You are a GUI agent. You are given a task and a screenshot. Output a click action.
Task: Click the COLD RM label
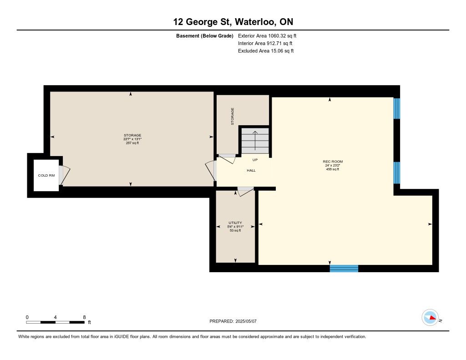pos(46,175)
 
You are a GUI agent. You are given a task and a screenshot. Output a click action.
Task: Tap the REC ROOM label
pos(333,162)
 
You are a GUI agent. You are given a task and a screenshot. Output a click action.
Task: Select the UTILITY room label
pos(235,223)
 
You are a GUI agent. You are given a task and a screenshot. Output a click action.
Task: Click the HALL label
pos(251,170)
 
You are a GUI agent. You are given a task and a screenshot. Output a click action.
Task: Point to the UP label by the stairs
pos(255,160)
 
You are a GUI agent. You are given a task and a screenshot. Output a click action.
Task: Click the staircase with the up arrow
pos(255,141)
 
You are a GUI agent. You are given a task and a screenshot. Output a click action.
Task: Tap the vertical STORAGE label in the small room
pos(233,116)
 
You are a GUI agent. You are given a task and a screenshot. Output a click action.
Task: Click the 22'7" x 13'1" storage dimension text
pos(132,139)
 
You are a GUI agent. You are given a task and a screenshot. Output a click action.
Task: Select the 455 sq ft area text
pos(333,169)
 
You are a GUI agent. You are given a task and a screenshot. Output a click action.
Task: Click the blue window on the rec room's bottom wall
pos(344,269)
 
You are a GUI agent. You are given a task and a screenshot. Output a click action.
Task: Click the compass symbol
pos(430,318)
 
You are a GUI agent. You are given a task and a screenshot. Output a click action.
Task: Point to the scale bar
pos(55,322)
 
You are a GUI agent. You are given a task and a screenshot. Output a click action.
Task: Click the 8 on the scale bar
pos(84,317)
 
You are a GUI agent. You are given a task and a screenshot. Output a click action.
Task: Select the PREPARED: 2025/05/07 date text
pos(233,321)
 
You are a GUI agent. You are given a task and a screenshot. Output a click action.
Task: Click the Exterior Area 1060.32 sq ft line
pos(267,36)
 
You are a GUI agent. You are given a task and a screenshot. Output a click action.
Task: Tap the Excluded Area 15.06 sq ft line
pos(266,51)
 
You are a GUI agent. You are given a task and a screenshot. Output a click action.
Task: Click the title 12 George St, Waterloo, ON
pos(233,22)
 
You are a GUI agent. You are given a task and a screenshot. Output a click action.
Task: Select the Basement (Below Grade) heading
pos(205,36)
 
